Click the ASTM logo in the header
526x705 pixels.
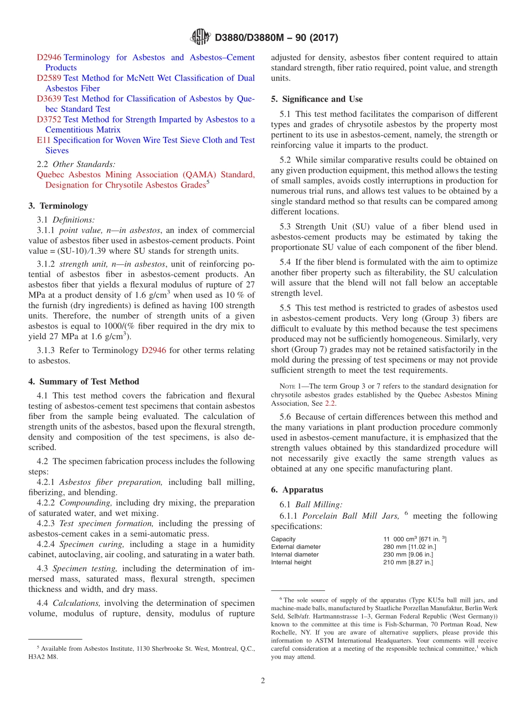(x=200, y=37)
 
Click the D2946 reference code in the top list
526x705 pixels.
(x=49, y=58)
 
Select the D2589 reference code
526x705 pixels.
(x=49, y=78)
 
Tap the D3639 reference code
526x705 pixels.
(x=49, y=99)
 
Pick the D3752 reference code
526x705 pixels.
(x=49, y=120)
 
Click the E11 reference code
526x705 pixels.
(x=43, y=140)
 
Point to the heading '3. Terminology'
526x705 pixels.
(x=58, y=206)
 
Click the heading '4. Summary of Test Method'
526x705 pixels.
(x=84, y=381)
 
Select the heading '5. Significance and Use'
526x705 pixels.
(x=317, y=99)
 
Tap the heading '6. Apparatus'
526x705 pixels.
(x=297, y=490)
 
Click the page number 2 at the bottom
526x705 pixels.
(x=263, y=681)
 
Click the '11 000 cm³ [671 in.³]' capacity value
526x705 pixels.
(x=415, y=539)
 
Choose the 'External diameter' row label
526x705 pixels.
(x=296, y=547)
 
